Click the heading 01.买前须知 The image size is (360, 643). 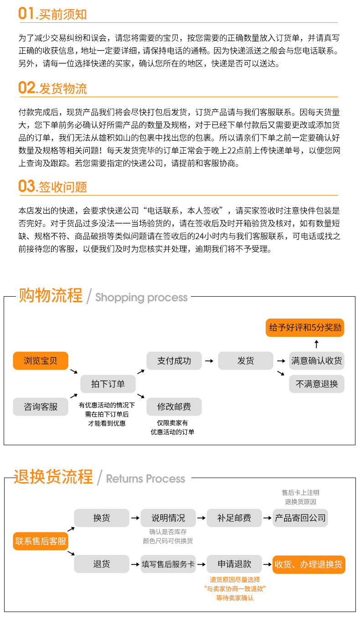coord(52,14)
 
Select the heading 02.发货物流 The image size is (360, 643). coord(52,88)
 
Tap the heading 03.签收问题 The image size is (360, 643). coord(52,186)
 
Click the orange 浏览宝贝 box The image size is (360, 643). coord(41,361)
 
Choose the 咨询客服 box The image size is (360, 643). coord(41,406)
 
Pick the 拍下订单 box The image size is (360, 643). coord(108,384)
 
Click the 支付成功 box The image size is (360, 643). coord(174,361)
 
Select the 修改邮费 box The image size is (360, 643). coord(174,406)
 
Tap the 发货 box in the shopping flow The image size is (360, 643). coord(246,361)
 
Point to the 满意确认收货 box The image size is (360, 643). coord(317,361)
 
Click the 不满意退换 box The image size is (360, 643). coord(317,384)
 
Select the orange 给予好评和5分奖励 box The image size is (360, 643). coord(305,328)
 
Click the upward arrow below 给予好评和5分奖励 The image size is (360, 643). coord(317,344)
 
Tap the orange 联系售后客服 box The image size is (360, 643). coord(41,541)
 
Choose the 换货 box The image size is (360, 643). coord(102,518)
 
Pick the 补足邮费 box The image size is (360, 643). coord(234,518)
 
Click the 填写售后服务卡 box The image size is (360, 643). coord(168,564)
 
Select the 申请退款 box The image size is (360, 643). coord(234,564)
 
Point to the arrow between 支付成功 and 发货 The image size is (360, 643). coord(209,361)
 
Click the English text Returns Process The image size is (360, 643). coord(145,478)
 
